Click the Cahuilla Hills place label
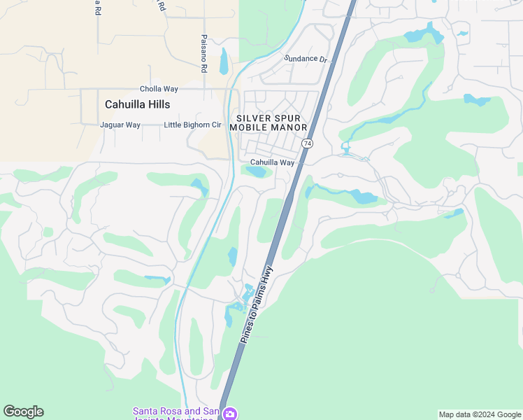point(138,104)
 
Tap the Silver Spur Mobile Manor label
point(273,123)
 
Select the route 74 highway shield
point(307,143)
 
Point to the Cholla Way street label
point(159,89)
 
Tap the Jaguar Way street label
point(120,125)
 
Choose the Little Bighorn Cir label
point(192,125)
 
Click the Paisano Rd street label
point(203,54)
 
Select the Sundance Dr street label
point(306,59)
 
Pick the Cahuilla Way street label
point(273,162)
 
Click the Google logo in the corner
point(23,412)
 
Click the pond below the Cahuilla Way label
point(257,171)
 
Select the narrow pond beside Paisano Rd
point(224,61)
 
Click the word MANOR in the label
point(288,127)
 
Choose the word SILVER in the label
point(254,118)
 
